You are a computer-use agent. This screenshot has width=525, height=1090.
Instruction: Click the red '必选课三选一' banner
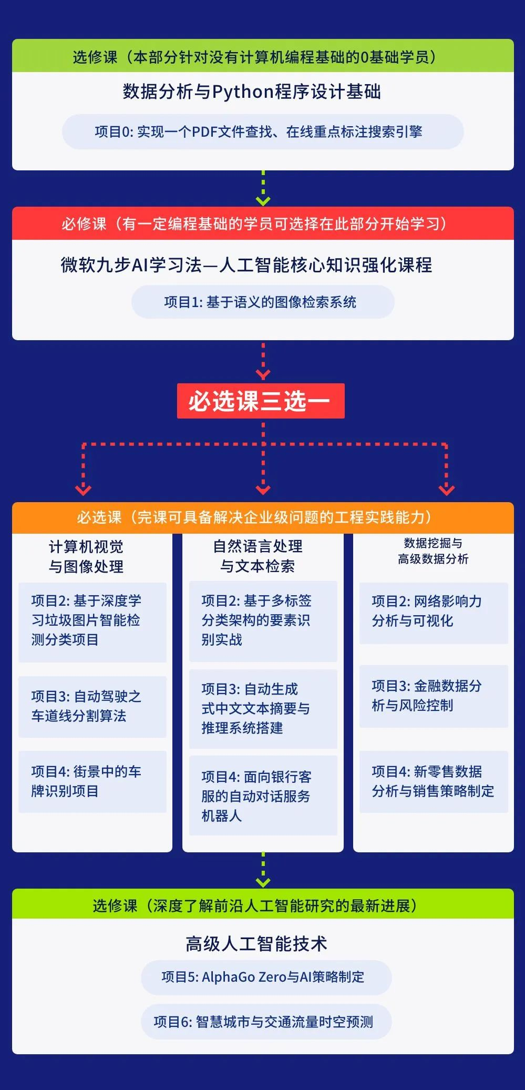click(x=261, y=401)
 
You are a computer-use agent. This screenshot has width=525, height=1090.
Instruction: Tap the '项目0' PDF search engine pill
click(x=263, y=131)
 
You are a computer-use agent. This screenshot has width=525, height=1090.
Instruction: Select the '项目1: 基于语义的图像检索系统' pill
click(x=263, y=302)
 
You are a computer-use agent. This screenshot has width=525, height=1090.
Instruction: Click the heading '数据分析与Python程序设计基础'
click(x=252, y=91)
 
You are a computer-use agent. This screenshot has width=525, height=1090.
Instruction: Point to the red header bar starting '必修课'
click(x=263, y=223)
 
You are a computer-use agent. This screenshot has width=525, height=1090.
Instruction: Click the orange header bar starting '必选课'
click(x=263, y=517)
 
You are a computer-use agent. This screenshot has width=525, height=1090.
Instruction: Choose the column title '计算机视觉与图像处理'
click(x=86, y=556)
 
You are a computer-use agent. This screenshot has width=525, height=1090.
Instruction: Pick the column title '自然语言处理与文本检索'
click(x=258, y=556)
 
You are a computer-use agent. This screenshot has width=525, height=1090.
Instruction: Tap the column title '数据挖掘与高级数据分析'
click(x=433, y=551)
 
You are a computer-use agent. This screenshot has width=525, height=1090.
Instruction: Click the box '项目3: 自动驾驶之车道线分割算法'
click(x=92, y=706)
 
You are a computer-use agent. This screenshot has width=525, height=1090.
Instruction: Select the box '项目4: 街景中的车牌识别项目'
click(x=92, y=781)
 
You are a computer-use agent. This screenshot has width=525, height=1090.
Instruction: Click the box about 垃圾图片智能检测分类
click(x=92, y=622)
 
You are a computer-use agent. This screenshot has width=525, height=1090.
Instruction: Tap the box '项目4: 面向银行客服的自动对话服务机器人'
click(x=263, y=796)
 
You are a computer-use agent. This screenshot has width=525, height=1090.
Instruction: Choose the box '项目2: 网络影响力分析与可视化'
click(x=434, y=613)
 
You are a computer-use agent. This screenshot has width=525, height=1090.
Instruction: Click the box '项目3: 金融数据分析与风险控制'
click(x=434, y=696)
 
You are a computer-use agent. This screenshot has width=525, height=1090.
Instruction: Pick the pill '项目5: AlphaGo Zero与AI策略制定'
click(x=266, y=977)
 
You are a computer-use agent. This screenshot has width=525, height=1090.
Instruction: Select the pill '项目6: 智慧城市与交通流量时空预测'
click(x=266, y=1022)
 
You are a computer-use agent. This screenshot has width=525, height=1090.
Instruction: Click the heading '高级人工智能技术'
click(x=256, y=944)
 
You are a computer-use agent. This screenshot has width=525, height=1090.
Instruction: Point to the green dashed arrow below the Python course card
click(x=263, y=188)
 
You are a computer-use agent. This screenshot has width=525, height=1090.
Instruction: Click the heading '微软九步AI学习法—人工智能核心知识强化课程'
click(x=246, y=264)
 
